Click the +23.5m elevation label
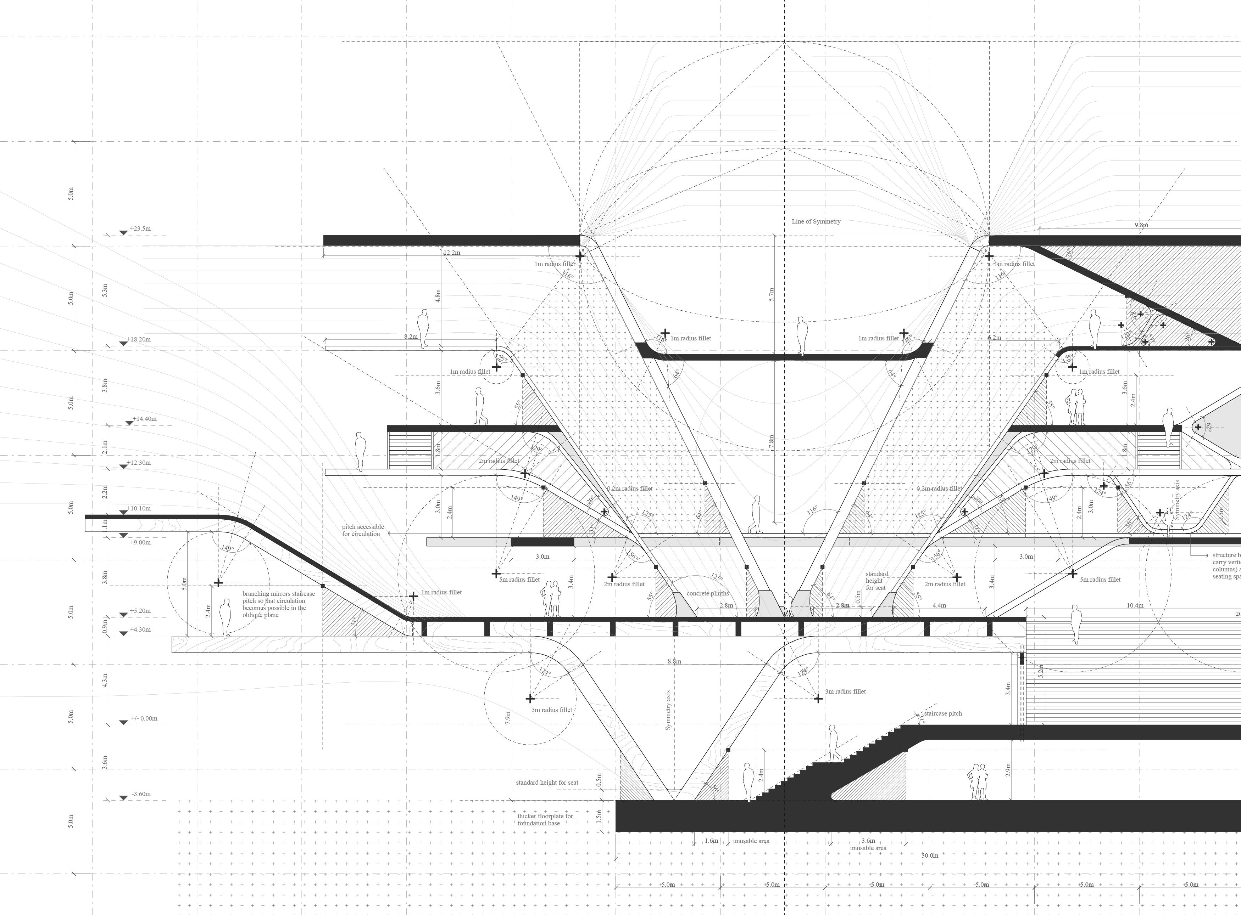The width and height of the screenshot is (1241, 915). pos(140,228)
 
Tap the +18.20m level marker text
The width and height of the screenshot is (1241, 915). pos(139,339)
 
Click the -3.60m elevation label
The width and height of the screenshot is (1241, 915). pos(141,794)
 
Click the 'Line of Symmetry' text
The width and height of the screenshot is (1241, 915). pos(816,221)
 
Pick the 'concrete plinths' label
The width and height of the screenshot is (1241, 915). pos(707,593)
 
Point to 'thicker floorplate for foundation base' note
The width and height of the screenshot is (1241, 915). pos(545,820)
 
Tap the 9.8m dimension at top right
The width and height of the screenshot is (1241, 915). pos(1141,225)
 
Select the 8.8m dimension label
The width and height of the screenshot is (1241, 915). pos(674,661)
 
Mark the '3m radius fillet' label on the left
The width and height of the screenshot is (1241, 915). pos(551,710)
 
